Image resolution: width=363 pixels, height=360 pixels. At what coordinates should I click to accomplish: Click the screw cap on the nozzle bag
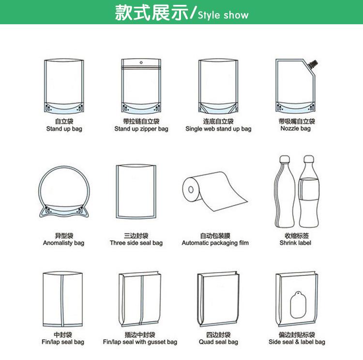[x=314, y=64]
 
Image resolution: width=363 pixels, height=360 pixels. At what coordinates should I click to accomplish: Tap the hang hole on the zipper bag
[x=141, y=63]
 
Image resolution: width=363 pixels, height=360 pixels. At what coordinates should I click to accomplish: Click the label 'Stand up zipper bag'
[x=141, y=129]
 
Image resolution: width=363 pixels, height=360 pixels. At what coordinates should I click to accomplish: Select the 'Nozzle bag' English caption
[x=295, y=128]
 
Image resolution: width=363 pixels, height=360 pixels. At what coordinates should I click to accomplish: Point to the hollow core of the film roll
[x=191, y=189]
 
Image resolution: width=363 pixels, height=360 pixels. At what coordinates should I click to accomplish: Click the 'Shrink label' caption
[x=295, y=243]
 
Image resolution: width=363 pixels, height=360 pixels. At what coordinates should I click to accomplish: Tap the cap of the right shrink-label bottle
[x=309, y=159]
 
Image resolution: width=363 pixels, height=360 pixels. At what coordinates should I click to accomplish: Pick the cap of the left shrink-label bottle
[x=285, y=159]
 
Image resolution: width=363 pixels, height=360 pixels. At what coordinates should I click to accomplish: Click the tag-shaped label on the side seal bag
[x=298, y=305]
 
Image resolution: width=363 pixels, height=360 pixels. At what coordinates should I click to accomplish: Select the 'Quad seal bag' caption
[x=218, y=342]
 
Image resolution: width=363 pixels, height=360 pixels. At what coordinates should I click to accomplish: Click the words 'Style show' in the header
[x=223, y=15]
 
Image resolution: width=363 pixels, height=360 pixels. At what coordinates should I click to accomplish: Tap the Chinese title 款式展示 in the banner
[x=152, y=13]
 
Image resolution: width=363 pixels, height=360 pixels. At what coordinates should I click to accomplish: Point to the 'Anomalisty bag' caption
[x=63, y=243]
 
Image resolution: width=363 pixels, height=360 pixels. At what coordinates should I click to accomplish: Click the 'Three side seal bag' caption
[x=136, y=243]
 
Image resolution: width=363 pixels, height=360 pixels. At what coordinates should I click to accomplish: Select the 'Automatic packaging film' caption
[x=215, y=243]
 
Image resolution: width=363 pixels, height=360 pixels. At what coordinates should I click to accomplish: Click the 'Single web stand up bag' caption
[x=218, y=129]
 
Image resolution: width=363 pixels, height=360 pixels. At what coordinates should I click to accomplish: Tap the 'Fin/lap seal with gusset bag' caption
[x=140, y=342]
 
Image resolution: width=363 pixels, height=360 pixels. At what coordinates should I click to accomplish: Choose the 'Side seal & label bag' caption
[x=297, y=342]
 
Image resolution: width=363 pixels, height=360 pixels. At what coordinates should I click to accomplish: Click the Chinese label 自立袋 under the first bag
[x=64, y=121]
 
